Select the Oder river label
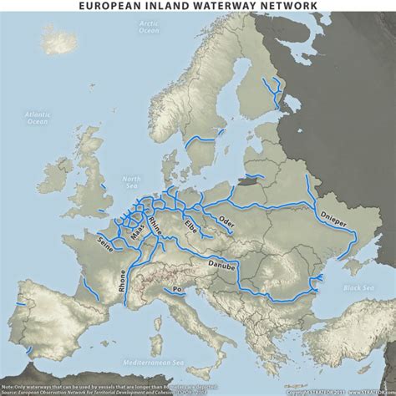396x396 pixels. (226, 221)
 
